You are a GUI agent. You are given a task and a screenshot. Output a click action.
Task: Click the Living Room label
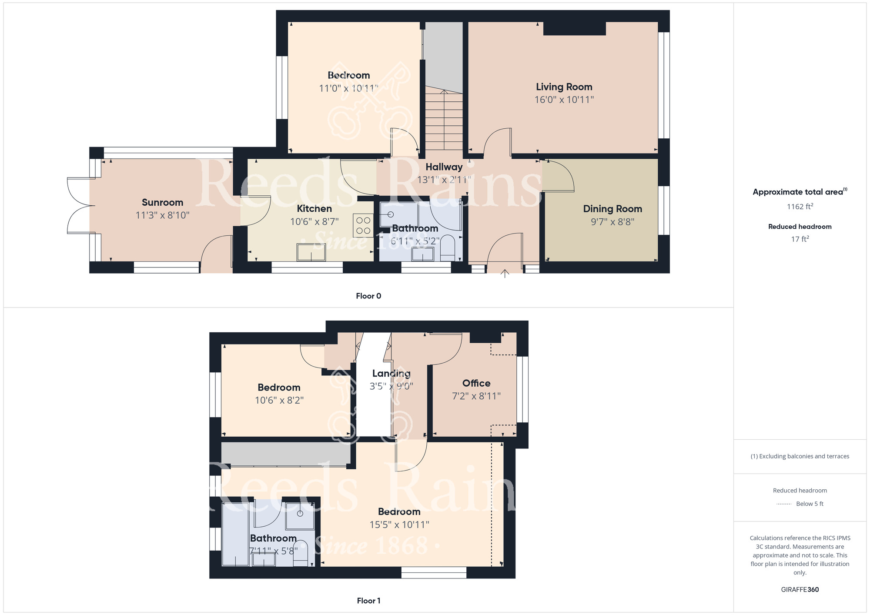564,87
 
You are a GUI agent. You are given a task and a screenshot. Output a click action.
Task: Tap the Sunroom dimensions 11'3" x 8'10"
162,215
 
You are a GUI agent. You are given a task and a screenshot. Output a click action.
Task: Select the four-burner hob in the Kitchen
363,225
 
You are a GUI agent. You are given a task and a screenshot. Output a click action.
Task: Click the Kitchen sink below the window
311,252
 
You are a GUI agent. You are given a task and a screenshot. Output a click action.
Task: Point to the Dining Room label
612,209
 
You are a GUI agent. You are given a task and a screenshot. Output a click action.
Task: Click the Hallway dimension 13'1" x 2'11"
444,180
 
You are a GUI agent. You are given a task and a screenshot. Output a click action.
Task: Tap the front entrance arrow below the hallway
505,274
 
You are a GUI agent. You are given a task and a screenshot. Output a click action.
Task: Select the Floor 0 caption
368,296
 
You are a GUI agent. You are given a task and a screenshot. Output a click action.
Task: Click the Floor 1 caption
368,601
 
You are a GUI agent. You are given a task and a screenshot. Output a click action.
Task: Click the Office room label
476,383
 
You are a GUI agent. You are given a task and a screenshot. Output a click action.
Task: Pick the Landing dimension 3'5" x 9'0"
391,386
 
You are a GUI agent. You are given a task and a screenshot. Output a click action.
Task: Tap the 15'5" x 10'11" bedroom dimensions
399,525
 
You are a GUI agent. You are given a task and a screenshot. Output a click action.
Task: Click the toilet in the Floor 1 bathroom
300,553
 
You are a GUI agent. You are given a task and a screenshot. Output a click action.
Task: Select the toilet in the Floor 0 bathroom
447,248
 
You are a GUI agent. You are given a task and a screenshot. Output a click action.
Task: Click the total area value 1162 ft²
800,207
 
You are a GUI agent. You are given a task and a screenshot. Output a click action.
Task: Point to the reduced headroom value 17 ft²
800,239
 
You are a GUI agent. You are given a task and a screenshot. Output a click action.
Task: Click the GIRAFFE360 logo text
800,590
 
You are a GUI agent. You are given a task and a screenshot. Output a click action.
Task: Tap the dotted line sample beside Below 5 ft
784,504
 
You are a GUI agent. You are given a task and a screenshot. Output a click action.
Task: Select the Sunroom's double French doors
78,205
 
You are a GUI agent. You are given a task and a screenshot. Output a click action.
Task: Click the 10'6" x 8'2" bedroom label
279,400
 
